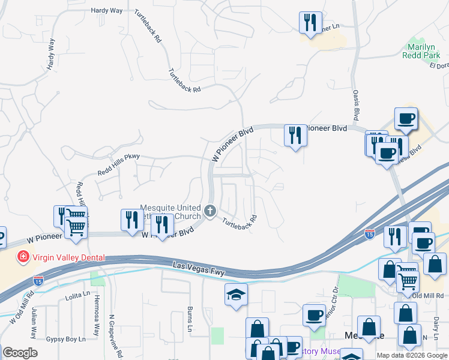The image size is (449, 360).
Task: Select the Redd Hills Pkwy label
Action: tap(118, 166)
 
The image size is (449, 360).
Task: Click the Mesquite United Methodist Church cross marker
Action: tap(210, 211)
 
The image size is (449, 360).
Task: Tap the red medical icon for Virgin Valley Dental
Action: tap(23, 257)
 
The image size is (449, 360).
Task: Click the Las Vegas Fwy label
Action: tap(199, 268)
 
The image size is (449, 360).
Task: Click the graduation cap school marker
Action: tap(237, 294)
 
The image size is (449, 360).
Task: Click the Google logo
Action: tap(20, 353)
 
